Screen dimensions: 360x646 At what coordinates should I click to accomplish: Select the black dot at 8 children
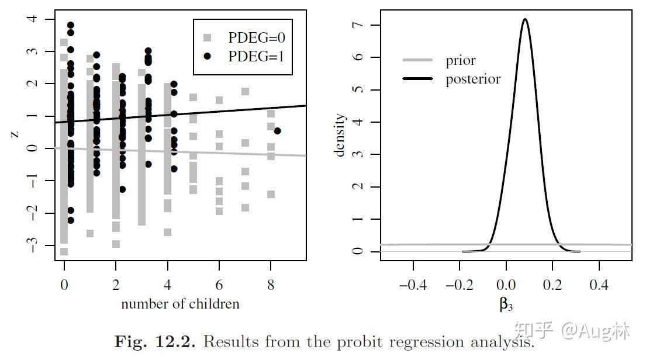pyautogui.click(x=277, y=131)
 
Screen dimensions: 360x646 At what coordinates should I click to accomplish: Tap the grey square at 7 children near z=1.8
pyautogui.click(x=246, y=91)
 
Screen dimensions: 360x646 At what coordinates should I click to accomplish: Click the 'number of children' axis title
pyautogui.click(x=180, y=304)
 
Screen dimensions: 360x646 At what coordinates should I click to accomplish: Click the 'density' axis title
pyautogui.click(x=340, y=135)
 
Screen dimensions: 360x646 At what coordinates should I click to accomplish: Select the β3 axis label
pyautogui.click(x=506, y=304)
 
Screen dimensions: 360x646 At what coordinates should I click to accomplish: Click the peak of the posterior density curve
pyautogui.click(x=525, y=19)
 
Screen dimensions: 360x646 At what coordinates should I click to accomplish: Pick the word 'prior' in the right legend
pyautogui.click(x=461, y=60)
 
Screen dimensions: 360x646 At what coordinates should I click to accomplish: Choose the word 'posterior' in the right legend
pyautogui.click(x=473, y=79)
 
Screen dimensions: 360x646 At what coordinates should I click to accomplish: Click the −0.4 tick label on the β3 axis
pyautogui.click(x=413, y=286)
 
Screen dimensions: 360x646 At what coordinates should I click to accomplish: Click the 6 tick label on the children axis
pyautogui.click(x=219, y=286)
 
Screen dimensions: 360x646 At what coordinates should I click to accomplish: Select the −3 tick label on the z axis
pyautogui.click(x=32, y=245)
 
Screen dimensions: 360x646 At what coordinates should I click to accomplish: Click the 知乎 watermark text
pyautogui.click(x=536, y=331)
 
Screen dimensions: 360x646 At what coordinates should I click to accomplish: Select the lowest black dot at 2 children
pyautogui.click(x=122, y=189)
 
